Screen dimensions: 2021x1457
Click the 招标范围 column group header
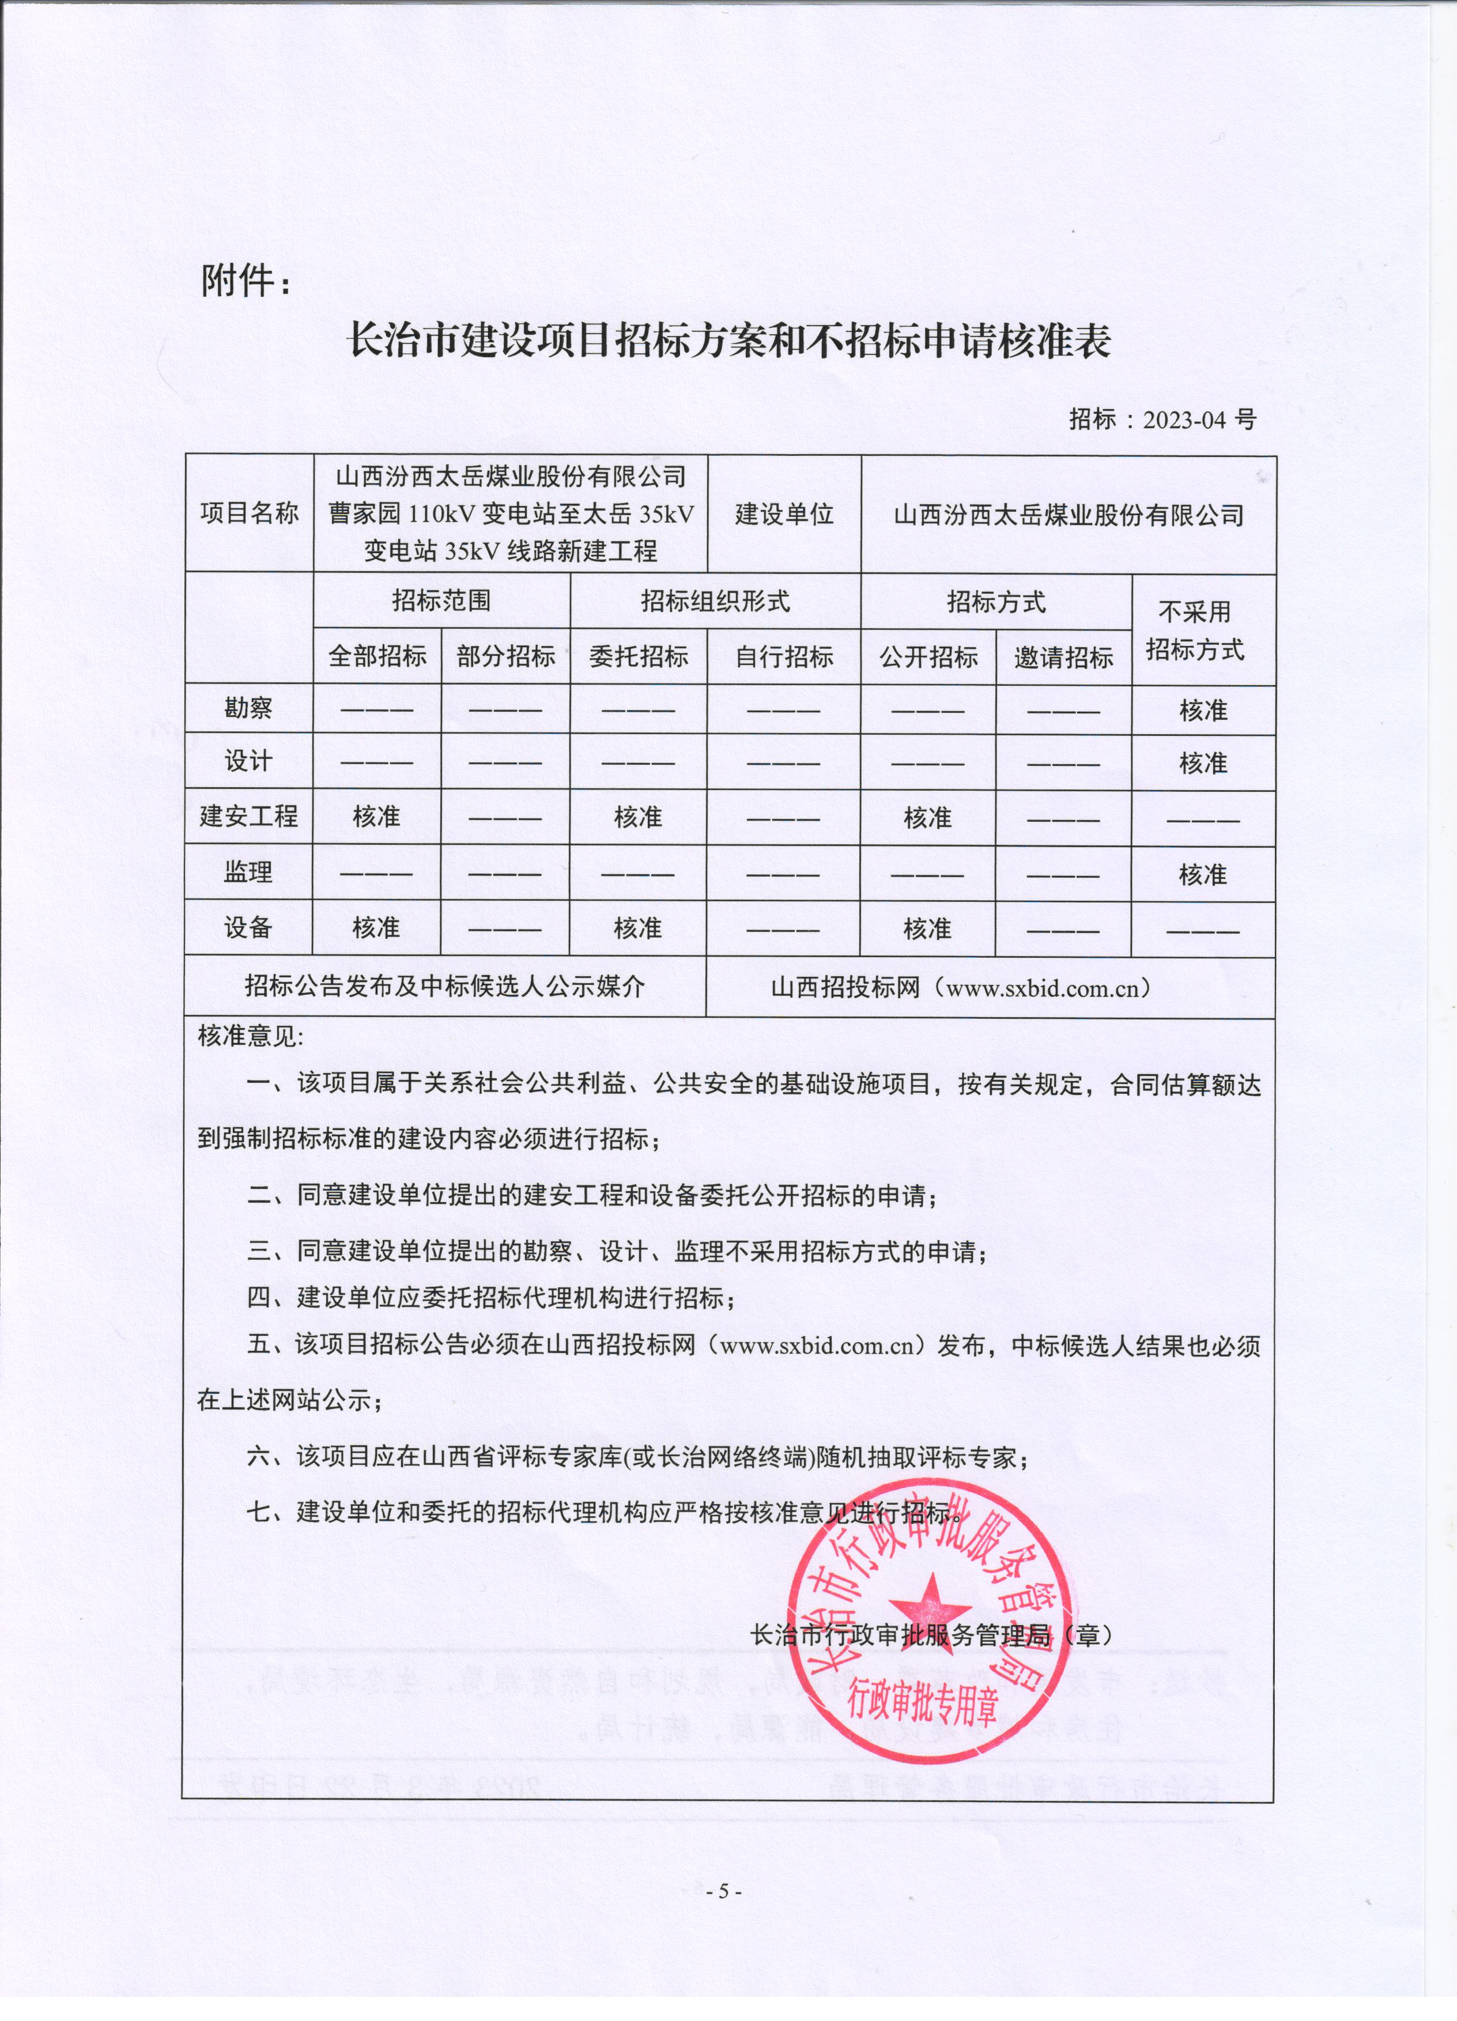(441, 600)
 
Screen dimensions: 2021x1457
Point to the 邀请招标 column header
(1063, 658)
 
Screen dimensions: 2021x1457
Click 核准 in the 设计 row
(1203, 764)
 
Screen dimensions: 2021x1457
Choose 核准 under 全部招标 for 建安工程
(376, 817)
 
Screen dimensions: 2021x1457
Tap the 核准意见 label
(250, 1036)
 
